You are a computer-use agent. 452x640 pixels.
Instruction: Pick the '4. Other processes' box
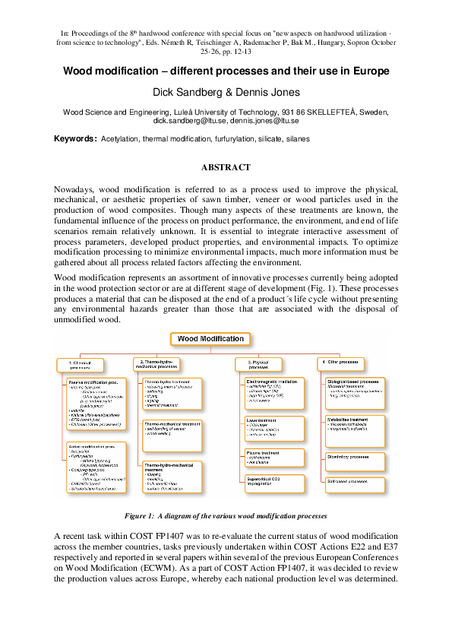(340, 363)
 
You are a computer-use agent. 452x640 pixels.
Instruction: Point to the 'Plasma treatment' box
(274, 457)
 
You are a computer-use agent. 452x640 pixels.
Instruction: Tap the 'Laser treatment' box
(274, 427)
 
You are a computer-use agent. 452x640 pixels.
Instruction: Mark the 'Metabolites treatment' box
(354, 429)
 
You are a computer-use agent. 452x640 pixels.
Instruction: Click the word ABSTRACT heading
(226, 167)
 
